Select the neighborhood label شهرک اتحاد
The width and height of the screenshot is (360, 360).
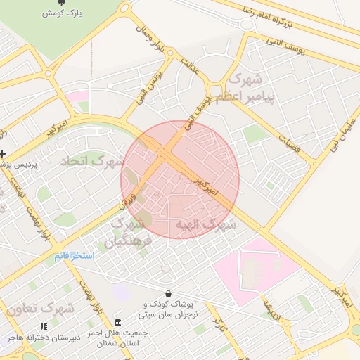pos(92,161)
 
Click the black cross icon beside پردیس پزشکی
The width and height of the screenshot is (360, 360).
pos(3,153)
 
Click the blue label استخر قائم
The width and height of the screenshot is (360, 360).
pos(74,255)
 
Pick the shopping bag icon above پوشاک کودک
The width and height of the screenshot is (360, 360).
pos(168,293)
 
